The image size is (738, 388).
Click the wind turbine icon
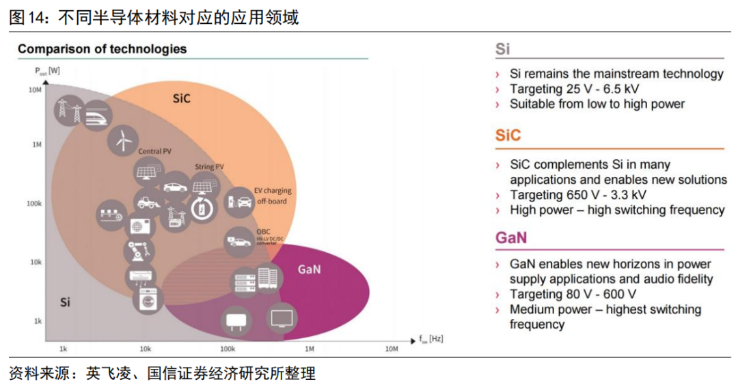click(x=122, y=140)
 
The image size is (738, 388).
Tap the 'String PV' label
click(x=210, y=167)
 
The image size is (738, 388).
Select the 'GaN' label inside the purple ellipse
click(x=309, y=268)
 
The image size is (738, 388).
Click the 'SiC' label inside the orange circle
click(x=181, y=99)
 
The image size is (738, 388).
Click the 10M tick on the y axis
click(x=35, y=89)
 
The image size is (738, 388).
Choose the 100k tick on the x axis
click(x=227, y=349)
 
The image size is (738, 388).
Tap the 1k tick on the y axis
click(x=38, y=320)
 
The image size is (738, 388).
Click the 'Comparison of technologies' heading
click(x=102, y=49)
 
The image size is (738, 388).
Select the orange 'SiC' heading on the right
click(x=508, y=135)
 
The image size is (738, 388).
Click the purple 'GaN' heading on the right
click(x=510, y=238)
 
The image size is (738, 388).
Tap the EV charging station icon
click(x=239, y=200)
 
